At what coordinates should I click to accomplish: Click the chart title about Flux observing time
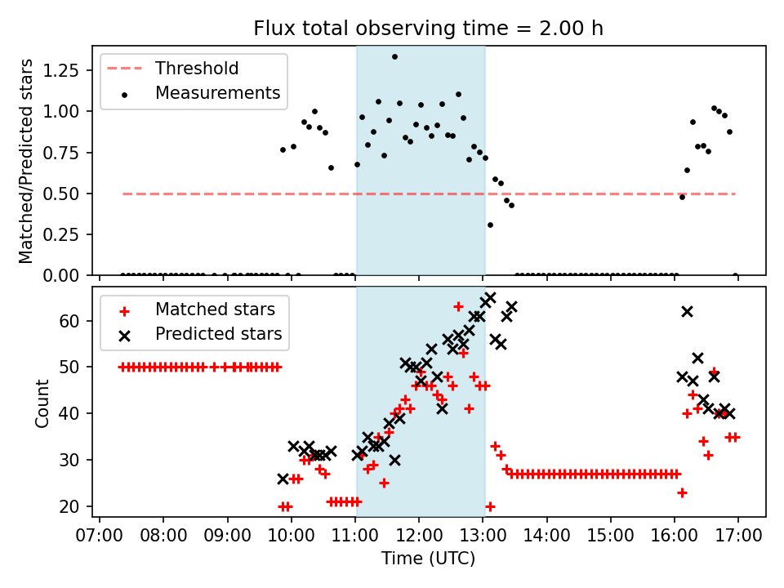click(x=429, y=29)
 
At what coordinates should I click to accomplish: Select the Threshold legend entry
click(x=196, y=68)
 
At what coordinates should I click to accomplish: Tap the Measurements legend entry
click(x=217, y=93)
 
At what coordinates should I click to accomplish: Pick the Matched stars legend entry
click(x=215, y=310)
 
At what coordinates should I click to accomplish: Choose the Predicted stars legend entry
click(x=218, y=334)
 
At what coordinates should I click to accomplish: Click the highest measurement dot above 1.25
click(x=394, y=56)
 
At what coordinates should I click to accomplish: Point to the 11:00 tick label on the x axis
click(x=355, y=536)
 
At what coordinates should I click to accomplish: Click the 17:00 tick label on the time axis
click(x=738, y=536)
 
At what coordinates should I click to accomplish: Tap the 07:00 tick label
click(x=100, y=536)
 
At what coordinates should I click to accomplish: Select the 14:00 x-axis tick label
click(x=546, y=536)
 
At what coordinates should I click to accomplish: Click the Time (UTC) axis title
click(x=429, y=559)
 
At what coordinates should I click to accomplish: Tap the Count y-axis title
click(x=42, y=402)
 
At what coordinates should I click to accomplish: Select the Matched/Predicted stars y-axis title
click(x=26, y=161)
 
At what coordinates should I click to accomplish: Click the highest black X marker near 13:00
click(x=490, y=298)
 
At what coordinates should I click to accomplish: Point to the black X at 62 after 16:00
click(x=687, y=311)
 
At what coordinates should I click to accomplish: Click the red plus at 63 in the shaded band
click(x=458, y=306)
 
